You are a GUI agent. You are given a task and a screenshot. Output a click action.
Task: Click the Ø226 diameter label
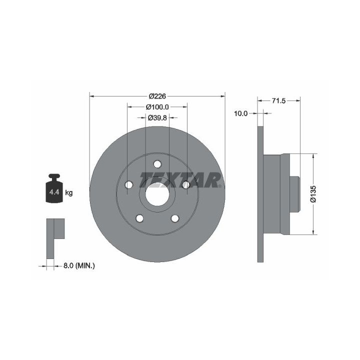click(x=157, y=96)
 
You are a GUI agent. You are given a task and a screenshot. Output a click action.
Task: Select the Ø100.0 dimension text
click(x=157, y=107)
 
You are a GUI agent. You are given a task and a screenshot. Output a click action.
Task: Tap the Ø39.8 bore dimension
click(x=157, y=118)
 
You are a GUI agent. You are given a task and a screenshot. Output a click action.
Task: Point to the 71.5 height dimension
click(x=278, y=100)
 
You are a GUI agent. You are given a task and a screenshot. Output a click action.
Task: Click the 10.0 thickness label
click(x=241, y=113)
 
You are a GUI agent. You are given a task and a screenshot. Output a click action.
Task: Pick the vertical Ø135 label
click(x=313, y=194)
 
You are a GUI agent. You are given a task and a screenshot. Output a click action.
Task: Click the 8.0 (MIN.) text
click(x=79, y=266)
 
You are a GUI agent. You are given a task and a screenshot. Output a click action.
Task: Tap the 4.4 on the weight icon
click(x=54, y=192)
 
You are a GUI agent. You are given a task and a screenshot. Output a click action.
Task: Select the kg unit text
click(x=69, y=192)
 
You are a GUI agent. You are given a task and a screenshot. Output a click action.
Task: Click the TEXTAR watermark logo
click(x=180, y=180)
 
